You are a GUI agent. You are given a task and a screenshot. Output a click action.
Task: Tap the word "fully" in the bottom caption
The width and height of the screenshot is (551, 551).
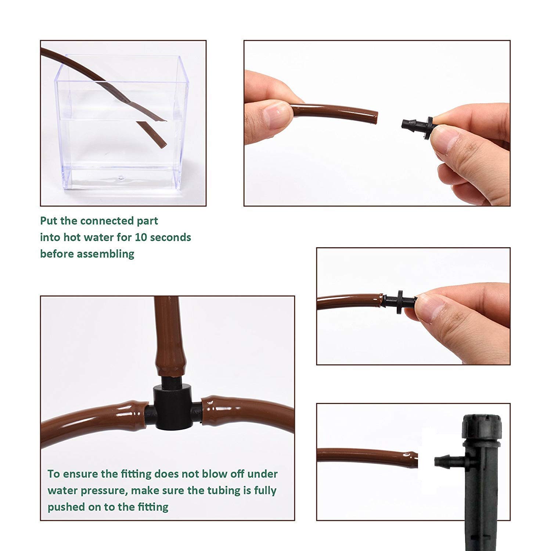[x=265, y=491]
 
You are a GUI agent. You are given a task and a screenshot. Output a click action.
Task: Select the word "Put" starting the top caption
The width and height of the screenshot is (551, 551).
[x=49, y=221]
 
